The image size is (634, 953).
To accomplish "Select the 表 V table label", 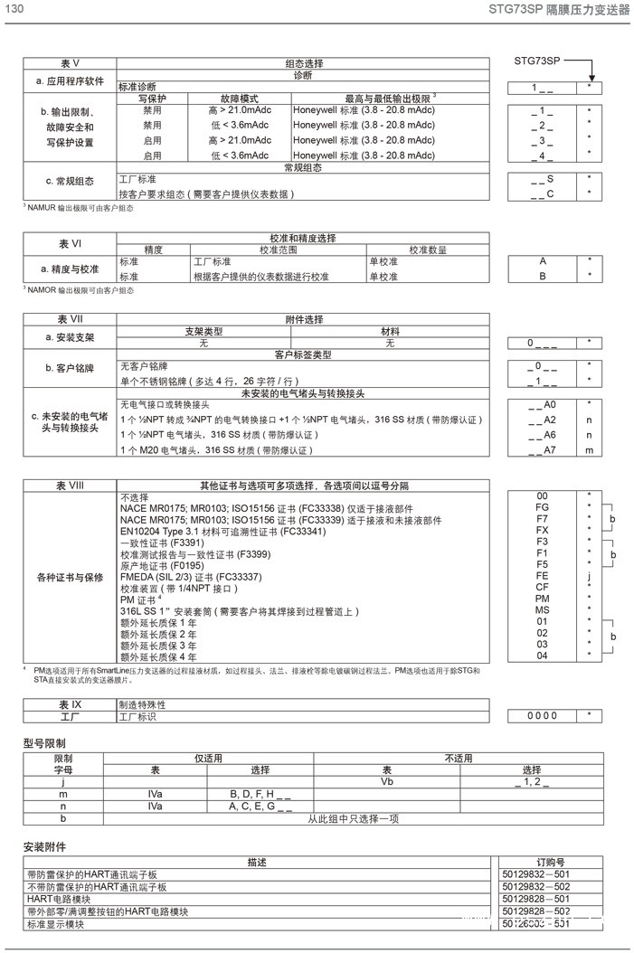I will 70,63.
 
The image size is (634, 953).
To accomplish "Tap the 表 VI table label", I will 70,243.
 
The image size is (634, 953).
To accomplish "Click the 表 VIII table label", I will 70,485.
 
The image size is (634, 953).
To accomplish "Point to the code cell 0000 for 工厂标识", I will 543,715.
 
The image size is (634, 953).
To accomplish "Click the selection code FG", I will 543,508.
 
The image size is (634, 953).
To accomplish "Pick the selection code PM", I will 543,599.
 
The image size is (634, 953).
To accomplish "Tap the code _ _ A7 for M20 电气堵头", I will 543,449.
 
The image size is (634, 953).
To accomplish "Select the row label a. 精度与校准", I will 70,269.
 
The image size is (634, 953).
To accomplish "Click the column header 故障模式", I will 240,97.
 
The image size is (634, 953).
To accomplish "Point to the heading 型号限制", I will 43,742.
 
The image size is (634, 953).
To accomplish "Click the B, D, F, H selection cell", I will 260,793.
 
